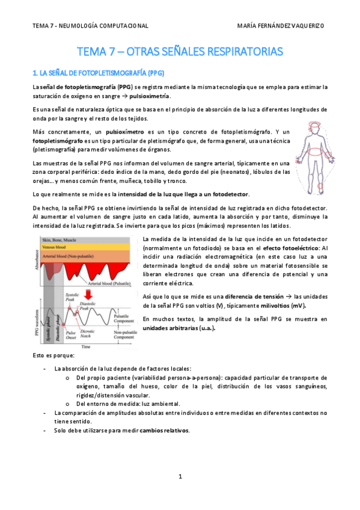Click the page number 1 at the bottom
(x=180, y=477)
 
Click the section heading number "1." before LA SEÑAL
(x=35, y=73)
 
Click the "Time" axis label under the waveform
(x=87, y=346)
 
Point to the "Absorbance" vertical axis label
(x=36, y=259)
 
